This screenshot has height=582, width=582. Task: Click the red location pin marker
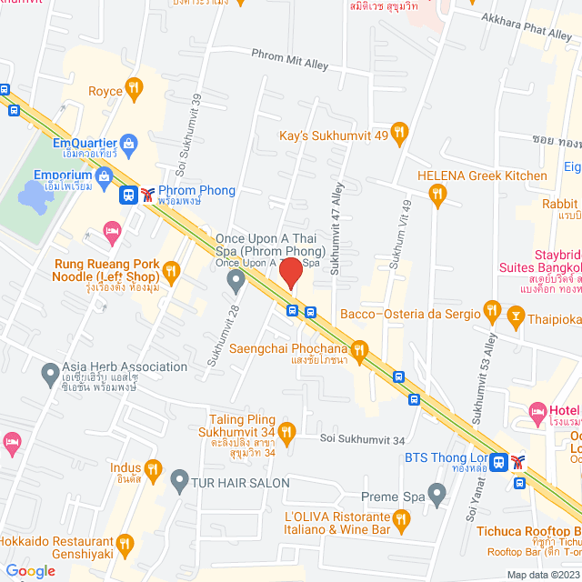(x=290, y=273)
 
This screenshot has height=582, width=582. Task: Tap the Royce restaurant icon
(x=134, y=88)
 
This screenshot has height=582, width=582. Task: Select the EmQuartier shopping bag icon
(x=128, y=143)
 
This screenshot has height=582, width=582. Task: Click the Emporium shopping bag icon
(x=105, y=175)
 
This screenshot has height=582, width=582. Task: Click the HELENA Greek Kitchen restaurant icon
(x=438, y=192)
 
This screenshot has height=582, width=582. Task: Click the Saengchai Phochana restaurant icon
(x=359, y=348)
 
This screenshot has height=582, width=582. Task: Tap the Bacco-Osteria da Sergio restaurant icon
(x=492, y=314)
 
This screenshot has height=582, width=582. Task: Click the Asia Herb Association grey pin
(x=51, y=371)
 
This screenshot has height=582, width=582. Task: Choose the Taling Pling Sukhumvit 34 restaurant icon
(x=286, y=431)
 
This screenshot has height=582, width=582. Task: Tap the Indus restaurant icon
(x=153, y=469)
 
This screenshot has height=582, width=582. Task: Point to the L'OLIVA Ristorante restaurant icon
(x=403, y=517)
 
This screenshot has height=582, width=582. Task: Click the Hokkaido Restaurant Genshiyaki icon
(x=125, y=544)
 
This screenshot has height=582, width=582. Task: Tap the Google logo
(x=30, y=571)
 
